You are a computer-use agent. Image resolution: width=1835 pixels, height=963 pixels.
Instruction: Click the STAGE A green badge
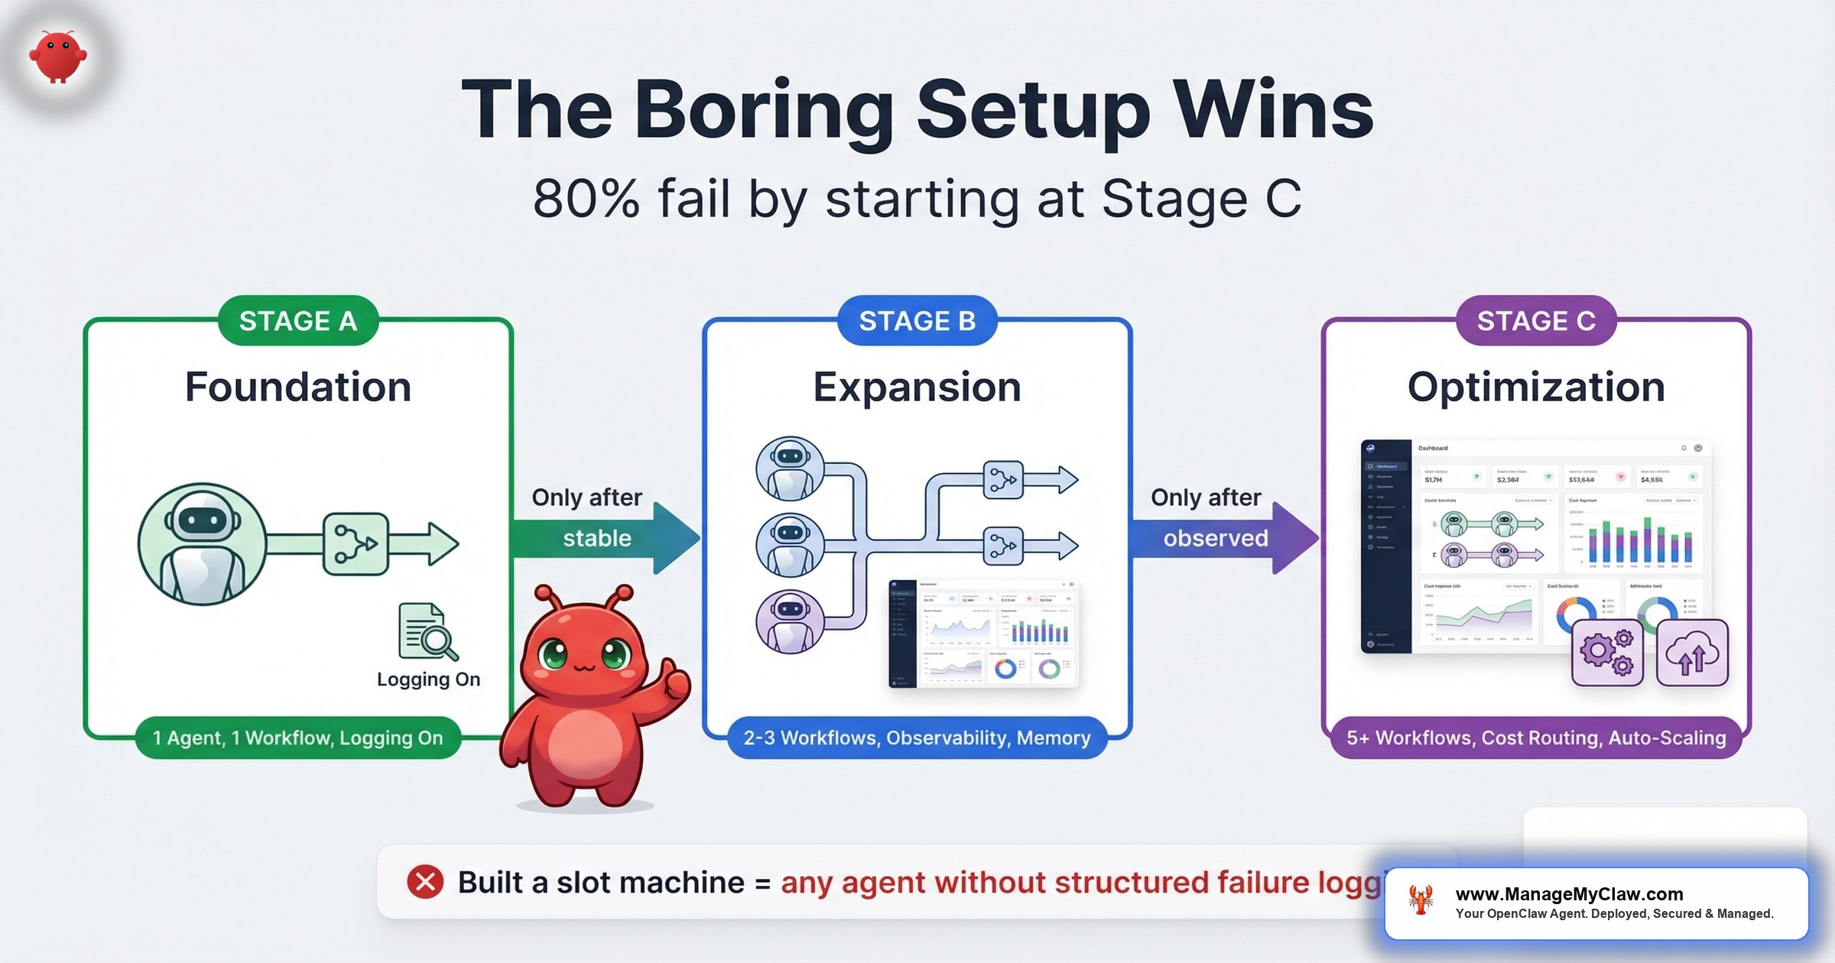tap(298, 321)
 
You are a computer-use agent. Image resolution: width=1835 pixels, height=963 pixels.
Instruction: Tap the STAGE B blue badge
tap(917, 321)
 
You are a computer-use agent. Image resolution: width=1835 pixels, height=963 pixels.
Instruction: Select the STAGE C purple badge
tap(1536, 321)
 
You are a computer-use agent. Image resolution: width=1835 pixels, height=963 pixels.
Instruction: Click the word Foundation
tap(298, 387)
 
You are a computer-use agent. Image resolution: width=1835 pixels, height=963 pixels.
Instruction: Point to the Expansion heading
tap(917, 387)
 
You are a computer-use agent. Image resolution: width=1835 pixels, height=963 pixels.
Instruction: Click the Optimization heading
tap(1536, 387)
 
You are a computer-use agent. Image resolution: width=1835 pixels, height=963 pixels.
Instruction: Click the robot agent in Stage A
tap(202, 544)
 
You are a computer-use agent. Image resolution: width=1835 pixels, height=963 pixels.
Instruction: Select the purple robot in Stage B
tap(790, 621)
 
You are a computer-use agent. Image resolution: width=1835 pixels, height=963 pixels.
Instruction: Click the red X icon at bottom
tap(425, 882)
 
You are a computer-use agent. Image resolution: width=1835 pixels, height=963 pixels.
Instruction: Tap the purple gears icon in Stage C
tap(1607, 652)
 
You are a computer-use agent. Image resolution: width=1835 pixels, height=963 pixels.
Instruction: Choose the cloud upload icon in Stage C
tap(1692, 652)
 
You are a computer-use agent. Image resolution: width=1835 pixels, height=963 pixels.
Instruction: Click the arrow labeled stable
tap(604, 538)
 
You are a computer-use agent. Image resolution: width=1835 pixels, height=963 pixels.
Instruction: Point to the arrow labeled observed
tap(1223, 538)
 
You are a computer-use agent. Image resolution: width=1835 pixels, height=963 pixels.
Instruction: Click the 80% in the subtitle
tap(586, 199)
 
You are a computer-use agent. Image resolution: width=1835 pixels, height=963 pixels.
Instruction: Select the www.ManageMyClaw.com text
tap(1569, 893)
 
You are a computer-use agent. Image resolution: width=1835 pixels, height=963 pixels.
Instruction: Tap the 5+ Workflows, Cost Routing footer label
tap(1536, 738)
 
